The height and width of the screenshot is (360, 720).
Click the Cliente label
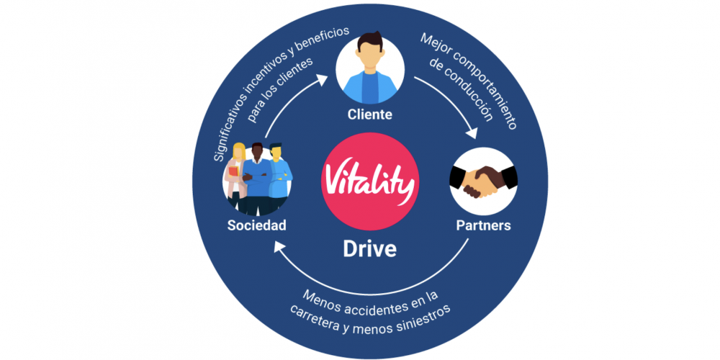pos(369,114)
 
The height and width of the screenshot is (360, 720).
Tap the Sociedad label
pos(257,225)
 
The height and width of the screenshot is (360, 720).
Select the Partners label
pos(483,225)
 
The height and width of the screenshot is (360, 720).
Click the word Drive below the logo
pos(369,249)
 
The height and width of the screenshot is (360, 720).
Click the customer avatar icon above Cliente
pos(370,68)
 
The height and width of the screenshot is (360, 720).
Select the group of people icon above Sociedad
pos(257,180)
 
